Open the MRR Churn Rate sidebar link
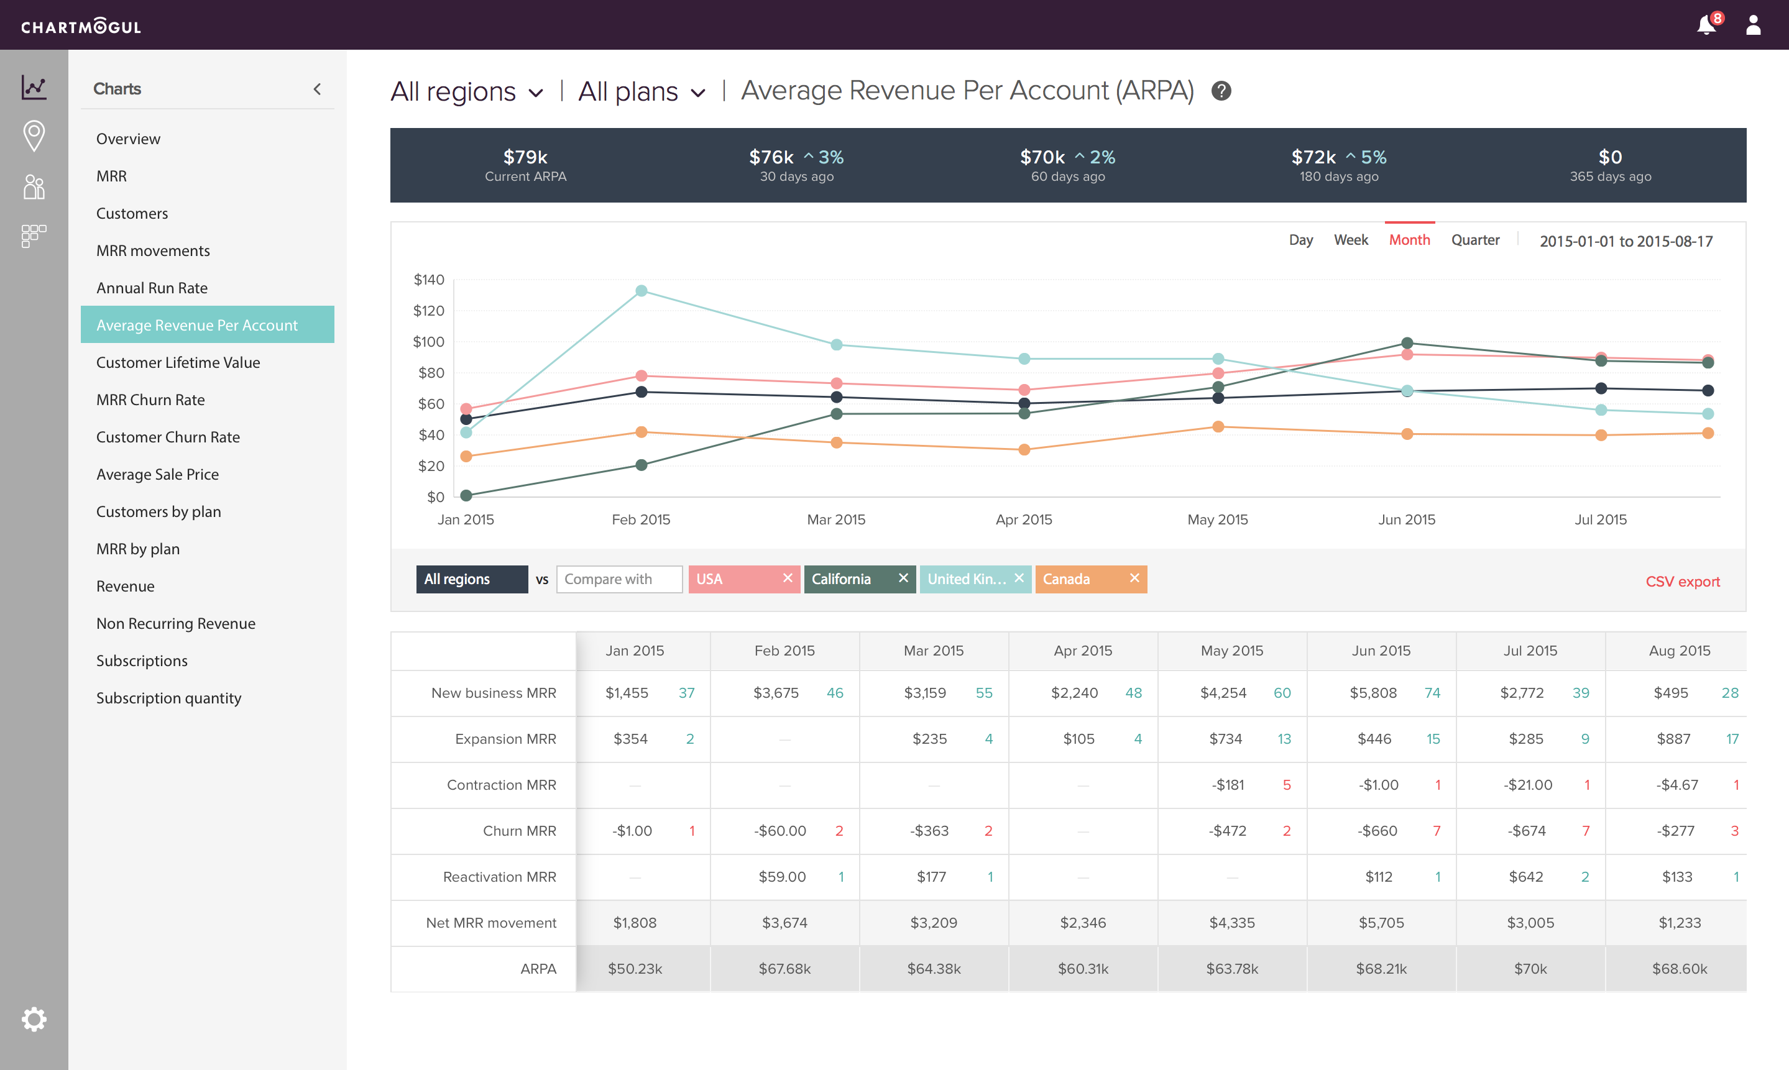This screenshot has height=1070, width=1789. point(150,400)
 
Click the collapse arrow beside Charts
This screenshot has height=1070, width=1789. point(317,89)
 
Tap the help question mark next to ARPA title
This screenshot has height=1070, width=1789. point(1221,91)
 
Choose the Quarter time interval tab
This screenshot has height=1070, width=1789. point(1474,240)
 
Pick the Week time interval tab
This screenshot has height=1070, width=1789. point(1350,240)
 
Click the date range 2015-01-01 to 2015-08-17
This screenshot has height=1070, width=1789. point(1626,242)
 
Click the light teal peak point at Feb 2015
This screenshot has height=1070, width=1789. point(641,291)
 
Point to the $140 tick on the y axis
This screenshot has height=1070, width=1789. point(428,280)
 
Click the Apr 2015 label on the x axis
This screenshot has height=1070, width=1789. point(1023,519)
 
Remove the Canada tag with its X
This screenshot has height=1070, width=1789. point(1134,578)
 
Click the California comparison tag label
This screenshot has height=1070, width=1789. point(841,579)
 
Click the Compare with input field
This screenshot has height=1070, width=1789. point(619,579)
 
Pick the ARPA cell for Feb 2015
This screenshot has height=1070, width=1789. point(784,968)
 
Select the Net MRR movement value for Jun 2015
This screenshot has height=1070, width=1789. point(1381,922)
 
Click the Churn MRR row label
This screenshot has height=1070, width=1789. point(519,831)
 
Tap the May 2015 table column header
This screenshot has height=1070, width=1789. point(1231,651)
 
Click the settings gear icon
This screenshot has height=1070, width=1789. point(34,1019)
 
